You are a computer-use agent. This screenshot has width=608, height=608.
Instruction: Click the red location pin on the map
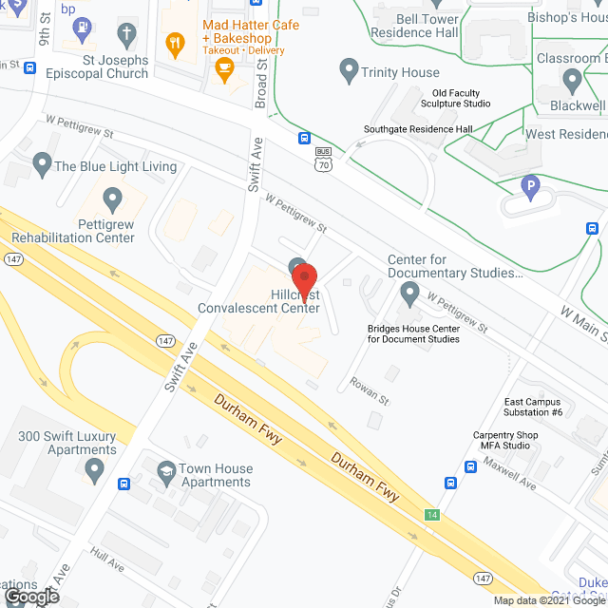point(304,281)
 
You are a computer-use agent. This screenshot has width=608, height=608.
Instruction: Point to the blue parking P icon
point(530,186)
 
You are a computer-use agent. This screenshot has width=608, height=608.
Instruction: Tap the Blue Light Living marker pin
point(42,164)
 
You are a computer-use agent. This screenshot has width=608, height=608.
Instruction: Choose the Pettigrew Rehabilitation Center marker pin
point(113,199)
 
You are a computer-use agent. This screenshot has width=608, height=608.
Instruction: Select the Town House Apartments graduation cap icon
point(166,470)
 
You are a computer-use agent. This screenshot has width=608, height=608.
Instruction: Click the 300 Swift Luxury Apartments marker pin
point(94,469)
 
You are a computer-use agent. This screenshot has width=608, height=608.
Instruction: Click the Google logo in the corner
point(30,597)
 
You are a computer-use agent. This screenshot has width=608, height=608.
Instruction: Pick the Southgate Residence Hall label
point(418,130)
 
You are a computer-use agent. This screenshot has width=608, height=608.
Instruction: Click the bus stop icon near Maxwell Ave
point(470,466)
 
